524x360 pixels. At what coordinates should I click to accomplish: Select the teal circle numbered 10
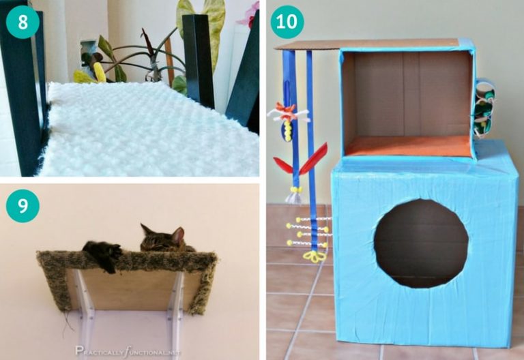tap(287, 22)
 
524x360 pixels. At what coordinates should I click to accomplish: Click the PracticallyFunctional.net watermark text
tap(130, 350)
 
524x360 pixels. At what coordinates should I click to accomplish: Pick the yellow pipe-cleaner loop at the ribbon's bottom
tap(315, 257)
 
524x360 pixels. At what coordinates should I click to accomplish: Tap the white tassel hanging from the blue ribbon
tap(293, 197)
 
